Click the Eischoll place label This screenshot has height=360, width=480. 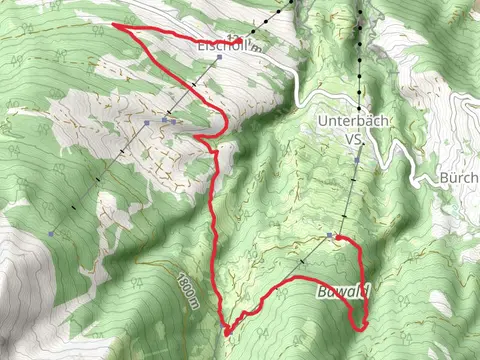tap(222, 46)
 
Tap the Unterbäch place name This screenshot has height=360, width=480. tap(352, 120)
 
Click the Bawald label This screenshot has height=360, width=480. tap(344, 293)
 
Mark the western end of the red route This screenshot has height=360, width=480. tap(113, 24)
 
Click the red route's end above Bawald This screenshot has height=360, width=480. tap(338, 237)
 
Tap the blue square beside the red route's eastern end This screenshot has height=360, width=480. tap(330, 235)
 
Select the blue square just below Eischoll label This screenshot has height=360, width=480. tap(218, 58)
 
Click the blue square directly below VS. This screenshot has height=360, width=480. tap(357, 159)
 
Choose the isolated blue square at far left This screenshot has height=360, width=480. tap(49, 233)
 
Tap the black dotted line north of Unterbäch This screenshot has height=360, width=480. tap(357, 50)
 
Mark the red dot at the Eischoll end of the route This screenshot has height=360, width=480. tap(238, 40)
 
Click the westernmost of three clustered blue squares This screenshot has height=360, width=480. tap(146, 122)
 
